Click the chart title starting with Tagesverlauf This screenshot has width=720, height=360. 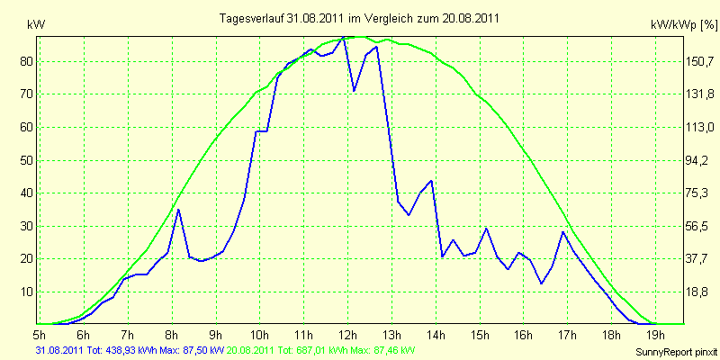pyautogui.click(x=359, y=18)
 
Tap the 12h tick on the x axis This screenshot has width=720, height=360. pyautogui.click(x=348, y=334)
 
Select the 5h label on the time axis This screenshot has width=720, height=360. pyautogui.click(x=40, y=334)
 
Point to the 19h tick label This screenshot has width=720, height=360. pyautogui.click(x=655, y=334)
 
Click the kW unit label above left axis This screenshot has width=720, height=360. pyautogui.click(x=36, y=25)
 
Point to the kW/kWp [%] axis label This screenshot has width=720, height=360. pyautogui.click(x=683, y=25)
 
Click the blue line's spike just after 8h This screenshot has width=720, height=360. pyautogui.click(x=178, y=210)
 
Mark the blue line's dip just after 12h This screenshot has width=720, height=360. pyautogui.click(x=354, y=91)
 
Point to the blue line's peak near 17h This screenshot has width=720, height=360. pyautogui.click(x=563, y=232)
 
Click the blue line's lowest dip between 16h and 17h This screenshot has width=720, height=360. pyautogui.click(x=542, y=283)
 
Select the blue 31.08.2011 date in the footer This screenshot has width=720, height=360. pyautogui.click(x=59, y=350)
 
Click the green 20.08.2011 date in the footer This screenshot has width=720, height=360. pyautogui.click(x=249, y=350)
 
